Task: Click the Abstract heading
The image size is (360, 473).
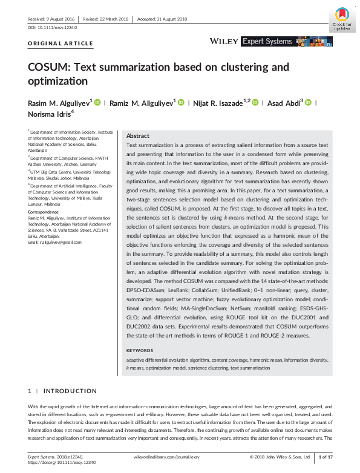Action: pyautogui.click(x=138, y=136)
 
